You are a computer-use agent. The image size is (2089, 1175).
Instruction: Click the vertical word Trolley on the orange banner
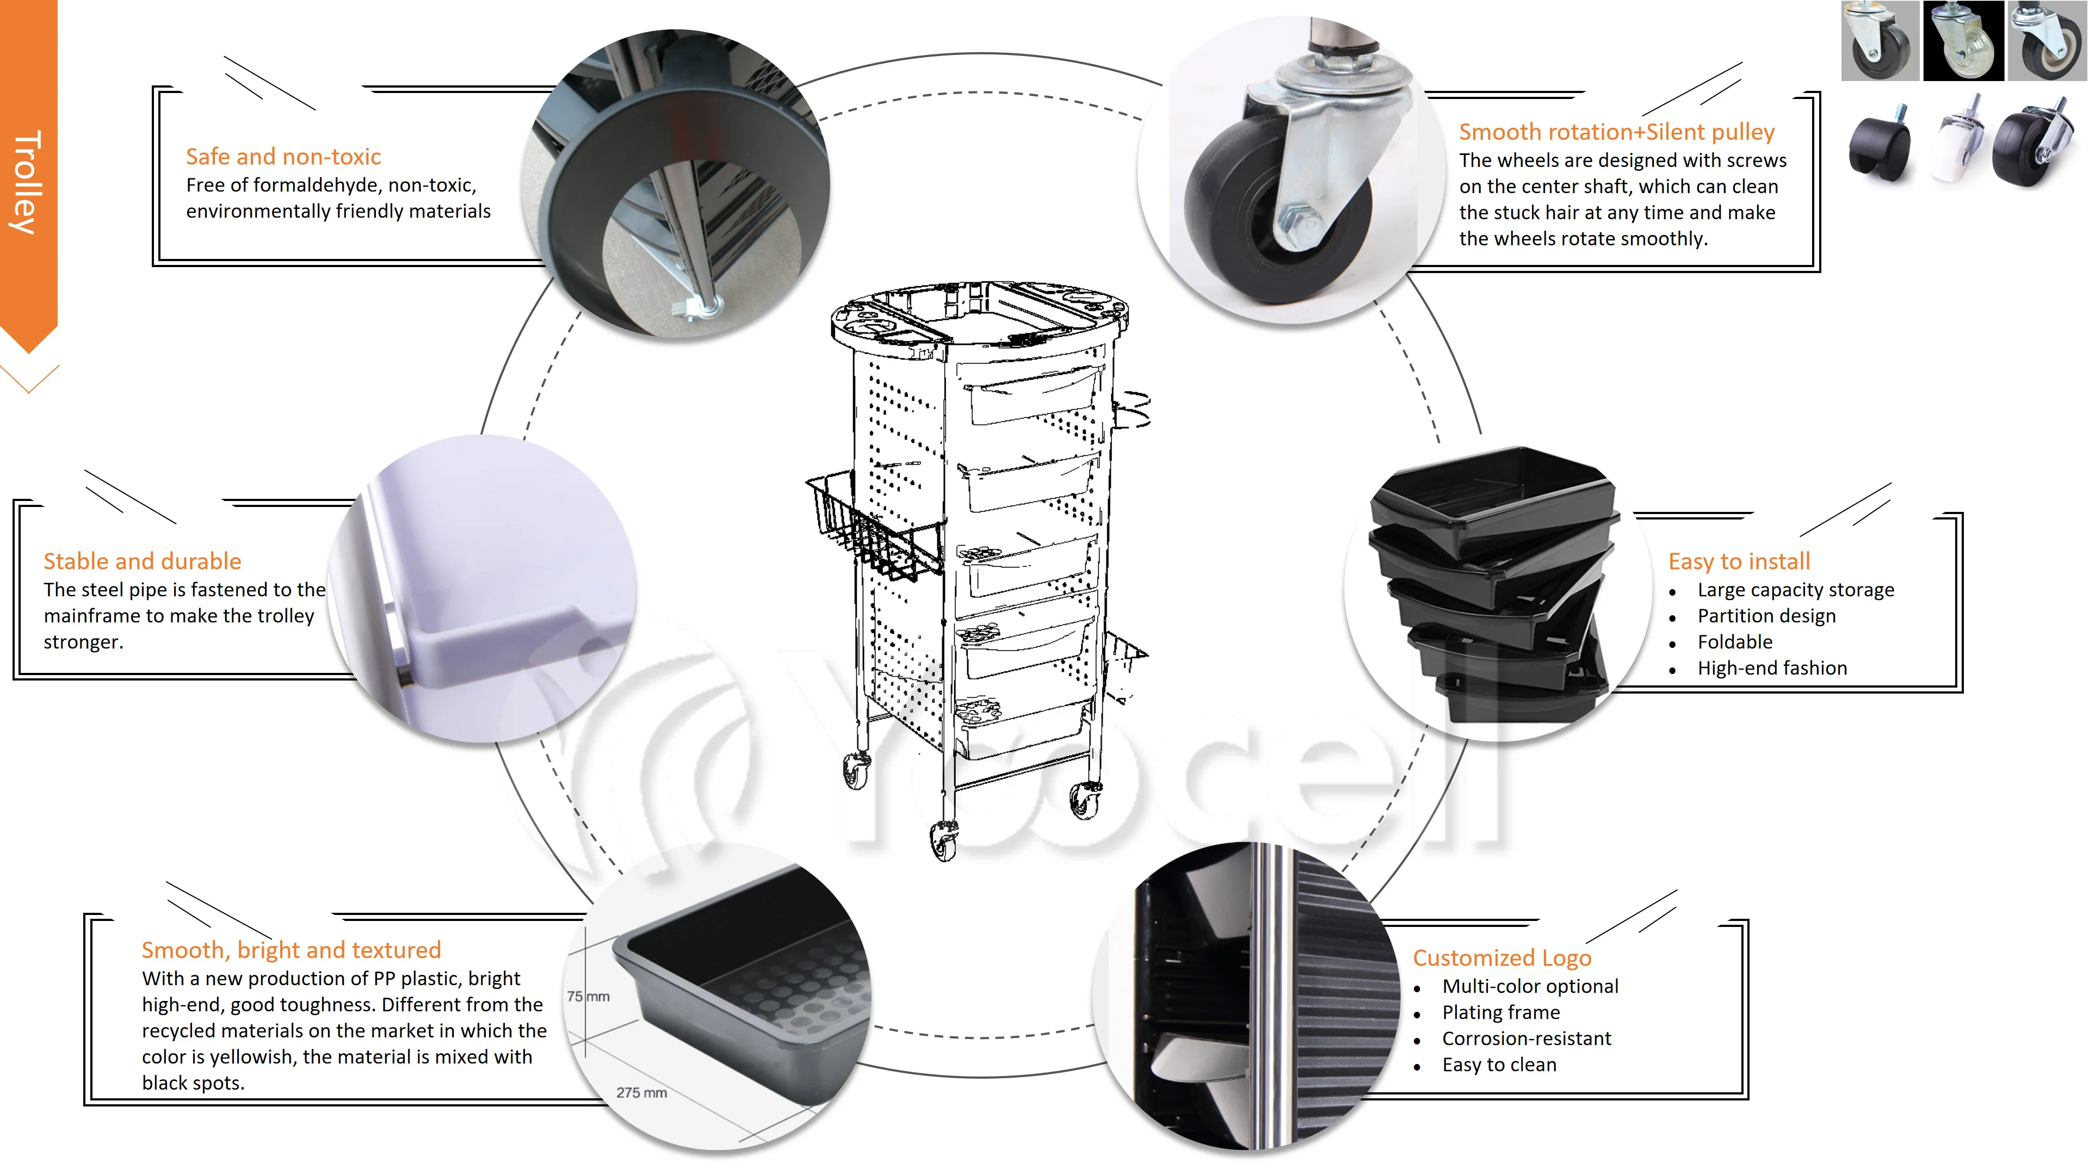click(26, 182)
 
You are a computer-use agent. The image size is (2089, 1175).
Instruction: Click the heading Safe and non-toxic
click(283, 157)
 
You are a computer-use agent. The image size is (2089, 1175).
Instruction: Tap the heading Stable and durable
click(142, 561)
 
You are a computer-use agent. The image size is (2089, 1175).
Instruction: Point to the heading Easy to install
click(1739, 561)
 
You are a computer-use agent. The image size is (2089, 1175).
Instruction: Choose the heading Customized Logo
click(1502, 957)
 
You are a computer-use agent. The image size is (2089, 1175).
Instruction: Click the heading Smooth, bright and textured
click(291, 950)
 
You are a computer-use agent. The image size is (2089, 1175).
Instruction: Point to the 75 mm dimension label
click(588, 997)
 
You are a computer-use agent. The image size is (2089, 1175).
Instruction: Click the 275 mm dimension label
click(641, 1093)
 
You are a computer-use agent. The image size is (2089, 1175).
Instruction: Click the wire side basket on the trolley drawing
click(872, 527)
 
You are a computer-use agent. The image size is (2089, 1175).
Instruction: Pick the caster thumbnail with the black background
click(1963, 41)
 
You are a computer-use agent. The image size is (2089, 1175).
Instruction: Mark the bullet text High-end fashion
click(1772, 668)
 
